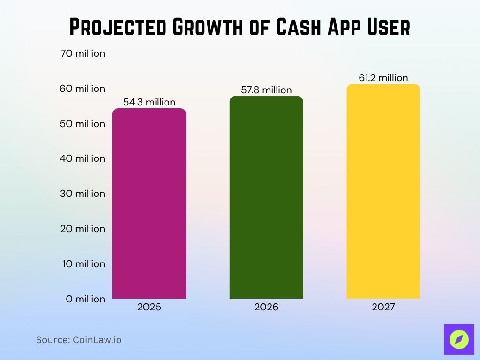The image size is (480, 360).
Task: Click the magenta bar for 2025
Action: pyautogui.click(x=150, y=203)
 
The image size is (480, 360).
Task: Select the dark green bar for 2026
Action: pyautogui.click(x=266, y=197)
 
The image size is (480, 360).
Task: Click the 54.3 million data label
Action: pyautogui.click(x=150, y=102)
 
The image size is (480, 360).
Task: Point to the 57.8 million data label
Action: pyautogui.click(x=266, y=90)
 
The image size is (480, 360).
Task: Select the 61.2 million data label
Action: pyautogui.click(x=383, y=78)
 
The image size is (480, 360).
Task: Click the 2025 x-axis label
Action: pyautogui.click(x=150, y=307)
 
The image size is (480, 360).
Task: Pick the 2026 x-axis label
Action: pyautogui.click(x=266, y=307)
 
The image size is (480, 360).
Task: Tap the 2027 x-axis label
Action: pyautogui.click(x=383, y=307)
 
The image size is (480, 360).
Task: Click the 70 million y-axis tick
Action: pyautogui.click(x=82, y=53)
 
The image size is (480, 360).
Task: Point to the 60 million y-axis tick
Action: pyautogui.click(x=82, y=89)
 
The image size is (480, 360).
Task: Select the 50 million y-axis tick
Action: pyautogui.click(x=82, y=124)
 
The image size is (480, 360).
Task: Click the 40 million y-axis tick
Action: pyautogui.click(x=82, y=158)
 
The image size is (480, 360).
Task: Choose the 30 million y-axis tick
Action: pyautogui.click(x=82, y=194)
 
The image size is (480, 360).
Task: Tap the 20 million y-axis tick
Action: pyautogui.click(x=82, y=229)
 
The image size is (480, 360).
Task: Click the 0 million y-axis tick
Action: pyautogui.click(x=85, y=299)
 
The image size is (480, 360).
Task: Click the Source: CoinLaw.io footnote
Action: pyautogui.click(x=79, y=340)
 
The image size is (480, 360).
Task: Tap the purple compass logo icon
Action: pyautogui.click(x=459, y=339)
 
